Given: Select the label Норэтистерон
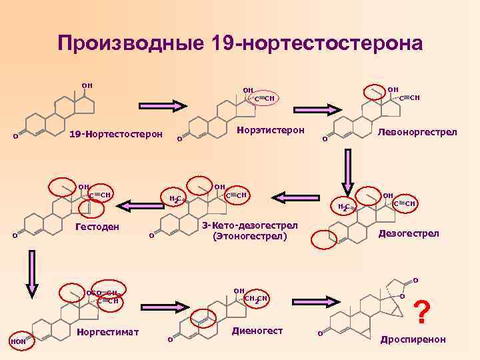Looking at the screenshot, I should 271,130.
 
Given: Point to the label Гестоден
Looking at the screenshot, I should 96,227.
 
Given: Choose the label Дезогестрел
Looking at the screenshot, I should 409,233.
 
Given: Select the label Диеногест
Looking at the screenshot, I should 257,331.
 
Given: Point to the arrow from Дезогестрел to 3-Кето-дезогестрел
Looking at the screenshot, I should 301,197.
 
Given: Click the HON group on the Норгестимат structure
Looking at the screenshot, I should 17,342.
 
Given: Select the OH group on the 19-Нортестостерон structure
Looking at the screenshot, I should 87,85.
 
